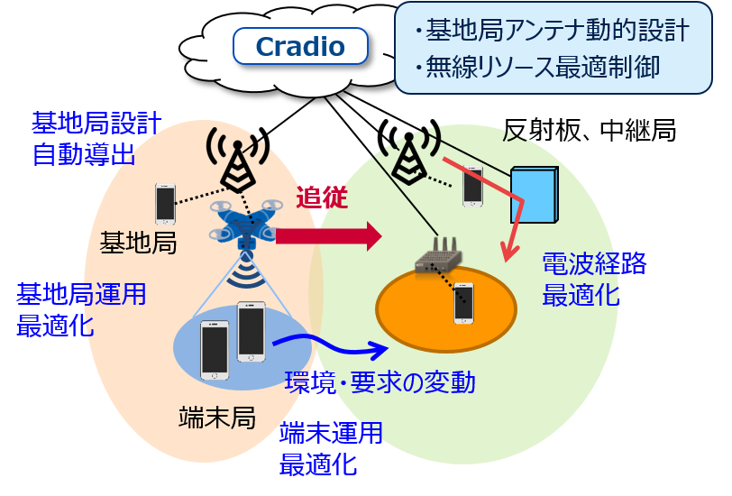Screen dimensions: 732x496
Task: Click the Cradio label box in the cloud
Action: [x=300, y=46]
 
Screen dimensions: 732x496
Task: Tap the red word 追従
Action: [x=322, y=197]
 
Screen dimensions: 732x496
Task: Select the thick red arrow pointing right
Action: [x=329, y=236]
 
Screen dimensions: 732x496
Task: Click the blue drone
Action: [x=245, y=225]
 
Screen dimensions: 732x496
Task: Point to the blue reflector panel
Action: [x=535, y=194]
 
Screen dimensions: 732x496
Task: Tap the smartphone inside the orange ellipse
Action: [x=463, y=303]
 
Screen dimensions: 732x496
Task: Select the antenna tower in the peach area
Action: [x=238, y=158]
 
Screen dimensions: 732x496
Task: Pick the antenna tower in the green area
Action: [x=409, y=151]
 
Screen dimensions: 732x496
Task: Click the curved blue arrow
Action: [x=329, y=347]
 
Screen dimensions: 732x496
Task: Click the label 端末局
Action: [x=217, y=417]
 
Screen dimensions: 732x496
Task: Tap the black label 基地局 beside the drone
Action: [x=138, y=243]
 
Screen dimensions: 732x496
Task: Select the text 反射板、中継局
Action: [x=590, y=130]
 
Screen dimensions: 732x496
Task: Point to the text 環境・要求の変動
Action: [x=380, y=382]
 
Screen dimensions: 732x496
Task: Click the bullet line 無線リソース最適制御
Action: [x=537, y=68]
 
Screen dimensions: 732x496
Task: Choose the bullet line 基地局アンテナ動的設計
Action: [x=552, y=31]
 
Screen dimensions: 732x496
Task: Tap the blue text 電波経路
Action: [x=594, y=263]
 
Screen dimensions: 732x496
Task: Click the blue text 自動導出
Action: [x=84, y=154]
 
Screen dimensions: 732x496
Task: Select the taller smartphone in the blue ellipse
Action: [x=252, y=332]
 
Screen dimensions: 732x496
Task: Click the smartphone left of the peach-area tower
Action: [x=165, y=204]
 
